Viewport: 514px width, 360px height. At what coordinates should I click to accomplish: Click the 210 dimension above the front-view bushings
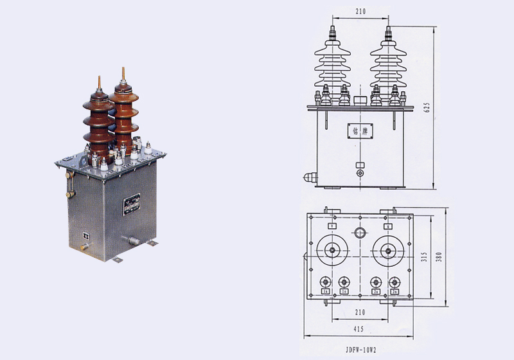click(360, 11)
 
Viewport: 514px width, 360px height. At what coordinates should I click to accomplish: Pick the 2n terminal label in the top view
click(395, 291)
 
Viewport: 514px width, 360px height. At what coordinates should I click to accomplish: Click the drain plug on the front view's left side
click(308, 175)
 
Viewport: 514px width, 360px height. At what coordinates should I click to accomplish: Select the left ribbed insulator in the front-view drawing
click(332, 64)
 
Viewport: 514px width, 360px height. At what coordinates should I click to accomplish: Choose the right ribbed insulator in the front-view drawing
click(389, 64)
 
